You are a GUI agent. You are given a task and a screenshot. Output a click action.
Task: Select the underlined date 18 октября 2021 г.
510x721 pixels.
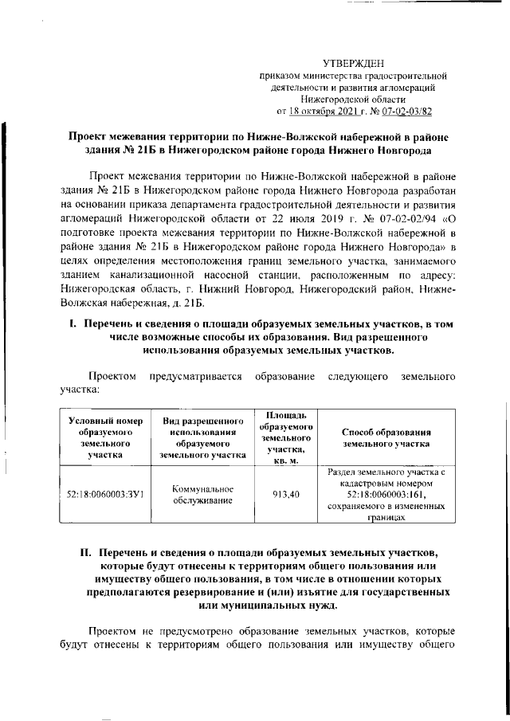point(323,112)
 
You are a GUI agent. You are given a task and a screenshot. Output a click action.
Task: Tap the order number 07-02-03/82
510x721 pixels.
point(405,112)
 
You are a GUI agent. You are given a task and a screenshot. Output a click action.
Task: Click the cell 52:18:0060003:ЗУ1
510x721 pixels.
point(104,495)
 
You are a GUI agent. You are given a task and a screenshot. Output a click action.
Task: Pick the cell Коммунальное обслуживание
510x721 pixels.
point(202,495)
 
